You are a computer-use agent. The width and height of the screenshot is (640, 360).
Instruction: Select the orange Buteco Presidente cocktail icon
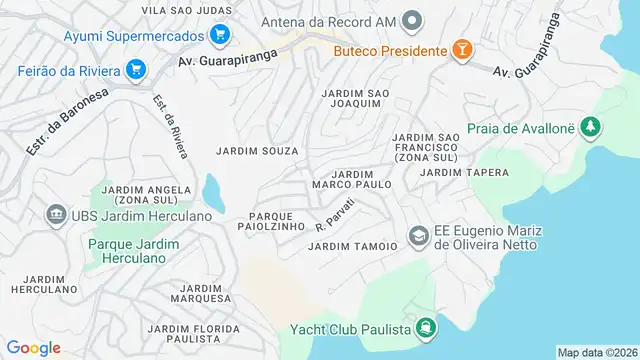(463, 50)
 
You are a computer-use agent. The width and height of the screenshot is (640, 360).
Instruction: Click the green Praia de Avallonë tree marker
(592, 127)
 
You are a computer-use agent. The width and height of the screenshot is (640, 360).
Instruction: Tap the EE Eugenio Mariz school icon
(419, 235)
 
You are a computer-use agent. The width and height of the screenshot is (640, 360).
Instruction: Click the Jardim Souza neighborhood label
(257, 151)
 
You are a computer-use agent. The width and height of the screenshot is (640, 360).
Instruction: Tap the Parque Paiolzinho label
(271, 221)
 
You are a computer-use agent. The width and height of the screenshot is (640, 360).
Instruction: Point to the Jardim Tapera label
(465, 172)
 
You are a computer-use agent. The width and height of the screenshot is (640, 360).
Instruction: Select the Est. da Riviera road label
(170, 126)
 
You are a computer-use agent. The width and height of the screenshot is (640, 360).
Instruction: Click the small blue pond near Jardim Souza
(213, 188)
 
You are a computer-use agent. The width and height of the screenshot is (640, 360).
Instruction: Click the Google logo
(34, 348)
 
